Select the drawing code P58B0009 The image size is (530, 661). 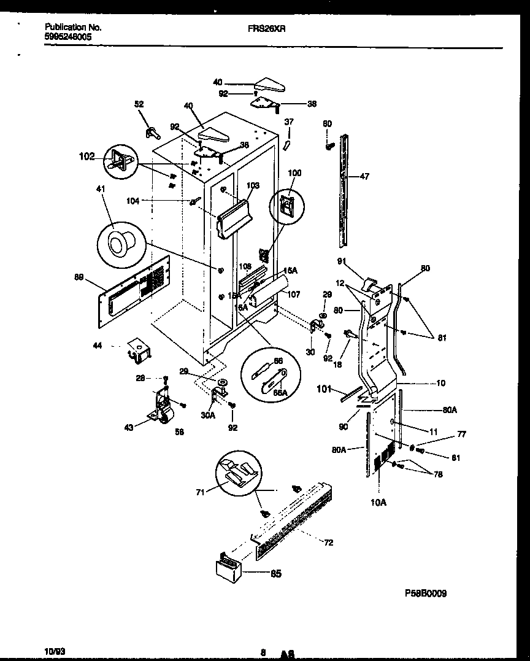pos(426,593)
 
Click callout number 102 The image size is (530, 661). pos(86,157)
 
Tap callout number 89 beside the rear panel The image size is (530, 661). pos(79,277)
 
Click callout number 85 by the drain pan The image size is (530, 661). pos(276,574)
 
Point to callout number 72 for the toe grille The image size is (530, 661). pos(329,543)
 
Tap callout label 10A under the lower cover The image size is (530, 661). pos(379,502)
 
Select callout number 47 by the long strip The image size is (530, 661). pos(365,177)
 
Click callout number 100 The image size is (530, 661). pos(295,174)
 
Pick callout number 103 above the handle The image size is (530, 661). pos(253,185)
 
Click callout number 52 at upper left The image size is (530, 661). pos(139,104)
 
